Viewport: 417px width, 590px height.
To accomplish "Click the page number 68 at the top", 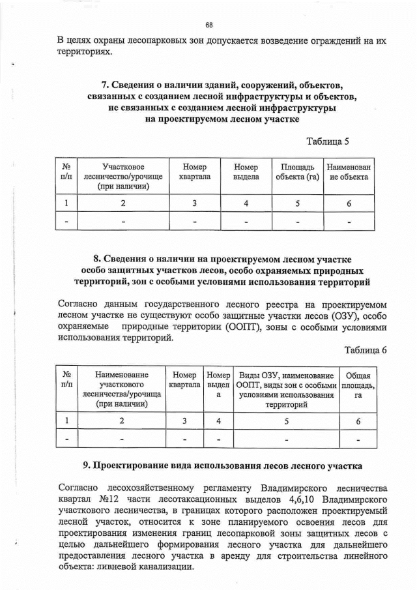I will (x=209, y=25).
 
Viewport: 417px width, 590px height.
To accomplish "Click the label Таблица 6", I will (x=366, y=350).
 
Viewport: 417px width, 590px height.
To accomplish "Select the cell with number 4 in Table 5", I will (x=246, y=203).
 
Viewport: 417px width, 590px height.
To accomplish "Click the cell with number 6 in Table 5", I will (x=349, y=203).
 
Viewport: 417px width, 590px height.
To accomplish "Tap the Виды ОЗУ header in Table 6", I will (x=286, y=390).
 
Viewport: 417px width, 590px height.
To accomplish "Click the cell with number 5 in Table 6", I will (x=286, y=421).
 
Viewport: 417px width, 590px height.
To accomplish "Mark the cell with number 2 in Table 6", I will (x=122, y=421).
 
